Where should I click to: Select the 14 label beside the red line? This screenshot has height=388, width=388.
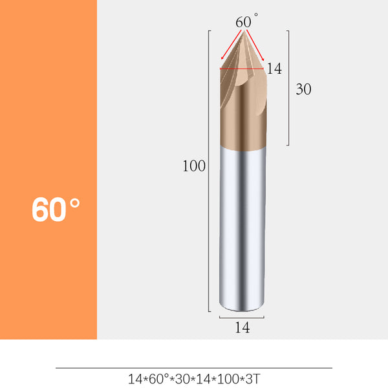click(x=274, y=69)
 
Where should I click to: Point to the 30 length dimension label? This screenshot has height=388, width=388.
click(x=303, y=90)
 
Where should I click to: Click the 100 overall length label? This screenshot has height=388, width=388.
click(x=193, y=166)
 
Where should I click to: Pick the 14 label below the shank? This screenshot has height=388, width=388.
click(x=242, y=328)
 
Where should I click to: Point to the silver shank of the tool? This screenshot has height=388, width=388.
click(x=242, y=226)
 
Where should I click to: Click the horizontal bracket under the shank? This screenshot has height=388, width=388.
click(x=242, y=318)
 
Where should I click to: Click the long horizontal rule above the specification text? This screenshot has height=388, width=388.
click(x=193, y=368)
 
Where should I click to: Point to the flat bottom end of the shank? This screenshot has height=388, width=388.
click(x=242, y=308)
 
